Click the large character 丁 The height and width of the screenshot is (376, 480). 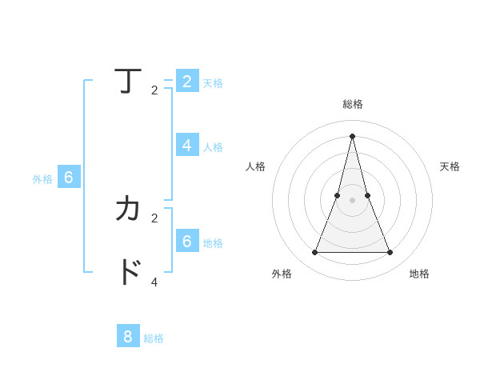[x=128, y=81]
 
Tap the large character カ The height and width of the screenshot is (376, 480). [x=128, y=209]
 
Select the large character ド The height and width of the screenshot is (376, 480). [x=128, y=272]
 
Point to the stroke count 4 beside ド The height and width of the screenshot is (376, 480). [x=154, y=282]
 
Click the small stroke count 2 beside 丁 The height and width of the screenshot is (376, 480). [x=154, y=90]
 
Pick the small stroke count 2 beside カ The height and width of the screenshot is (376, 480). [x=154, y=218]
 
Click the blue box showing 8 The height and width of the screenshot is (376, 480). [x=128, y=336]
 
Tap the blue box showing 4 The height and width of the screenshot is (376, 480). [x=186, y=145]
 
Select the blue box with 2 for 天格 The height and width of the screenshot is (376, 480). [x=186, y=81]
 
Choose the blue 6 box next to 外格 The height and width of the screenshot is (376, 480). [x=69, y=178]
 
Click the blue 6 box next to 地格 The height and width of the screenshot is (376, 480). [x=186, y=240]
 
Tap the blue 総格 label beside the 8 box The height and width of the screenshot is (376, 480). [x=154, y=338]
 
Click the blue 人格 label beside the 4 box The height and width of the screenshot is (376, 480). [x=213, y=147]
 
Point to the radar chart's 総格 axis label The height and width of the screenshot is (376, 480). [x=352, y=104]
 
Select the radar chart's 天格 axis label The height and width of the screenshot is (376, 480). [x=450, y=166]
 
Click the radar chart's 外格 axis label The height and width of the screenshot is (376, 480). [x=282, y=274]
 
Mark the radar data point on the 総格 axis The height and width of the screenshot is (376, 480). [x=352, y=135]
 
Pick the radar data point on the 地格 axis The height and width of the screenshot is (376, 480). [x=390, y=253]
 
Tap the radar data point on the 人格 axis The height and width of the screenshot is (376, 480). [x=338, y=195]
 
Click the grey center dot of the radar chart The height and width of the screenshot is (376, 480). [x=352, y=200]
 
